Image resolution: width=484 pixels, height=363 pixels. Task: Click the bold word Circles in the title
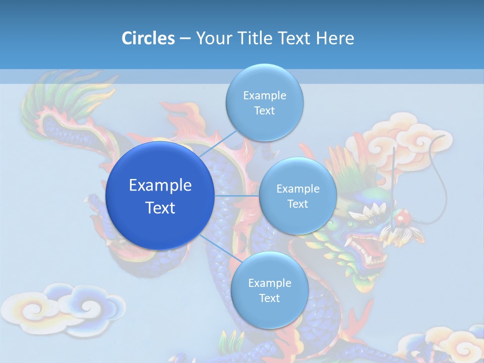[148, 38]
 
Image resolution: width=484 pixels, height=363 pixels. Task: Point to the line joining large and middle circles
[236, 196]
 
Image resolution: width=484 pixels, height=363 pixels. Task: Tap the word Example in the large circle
[160, 186]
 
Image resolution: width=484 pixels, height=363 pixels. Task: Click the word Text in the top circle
[264, 111]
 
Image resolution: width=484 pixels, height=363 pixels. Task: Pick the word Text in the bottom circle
[269, 298]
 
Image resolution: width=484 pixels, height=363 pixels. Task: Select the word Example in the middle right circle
[297, 189]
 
